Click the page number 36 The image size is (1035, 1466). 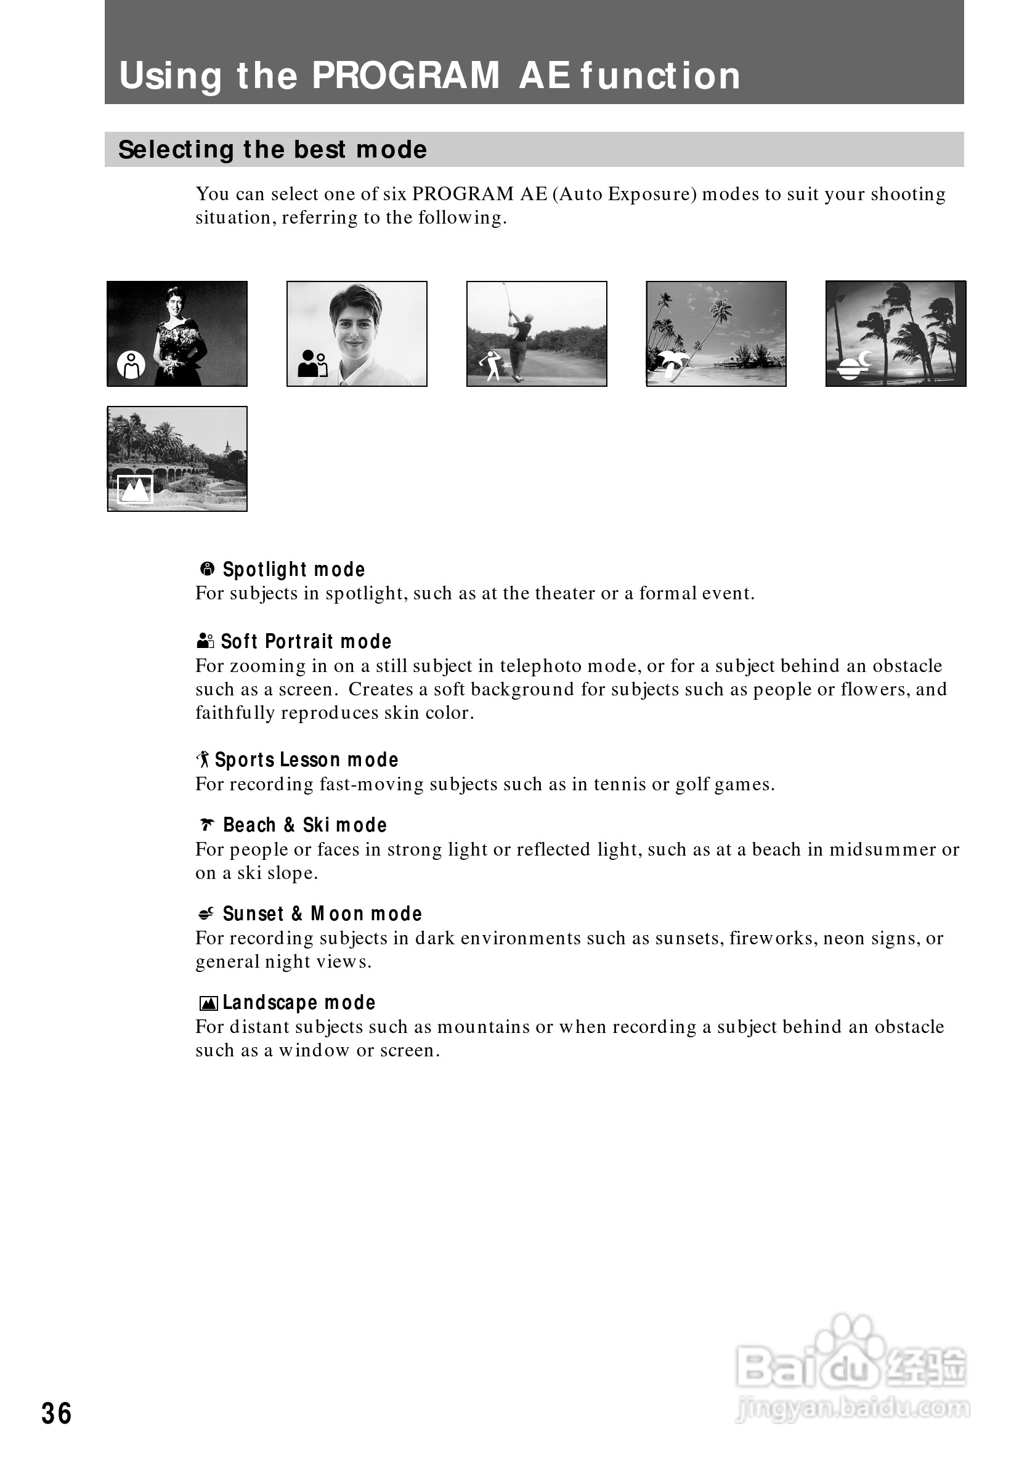click(56, 1413)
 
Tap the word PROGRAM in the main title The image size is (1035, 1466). click(405, 75)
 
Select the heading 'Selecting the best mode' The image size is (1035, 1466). click(273, 150)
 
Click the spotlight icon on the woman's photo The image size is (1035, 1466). click(131, 365)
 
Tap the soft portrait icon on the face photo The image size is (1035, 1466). click(313, 363)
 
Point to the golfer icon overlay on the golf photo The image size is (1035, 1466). click(492, 366)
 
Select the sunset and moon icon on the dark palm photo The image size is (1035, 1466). click(856, 365)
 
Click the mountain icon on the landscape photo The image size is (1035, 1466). click(135, 490)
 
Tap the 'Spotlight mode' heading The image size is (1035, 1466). click(294, 569)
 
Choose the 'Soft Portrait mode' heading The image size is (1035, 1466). click(306, 641)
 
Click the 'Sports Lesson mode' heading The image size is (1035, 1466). click(306, 760)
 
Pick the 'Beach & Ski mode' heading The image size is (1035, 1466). click(304, 825)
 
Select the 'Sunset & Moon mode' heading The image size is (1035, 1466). click(322, 913)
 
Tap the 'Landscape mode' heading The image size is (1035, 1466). click(299, 1002)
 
